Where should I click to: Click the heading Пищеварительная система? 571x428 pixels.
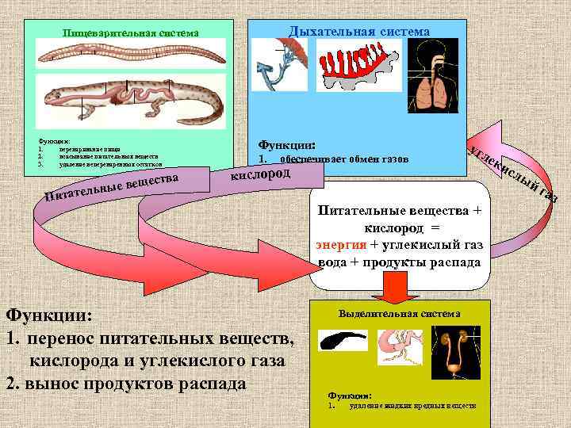pyautogui.click(x=131, y=32)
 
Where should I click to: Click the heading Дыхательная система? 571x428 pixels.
pyautogui.click(x=359, y=32)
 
